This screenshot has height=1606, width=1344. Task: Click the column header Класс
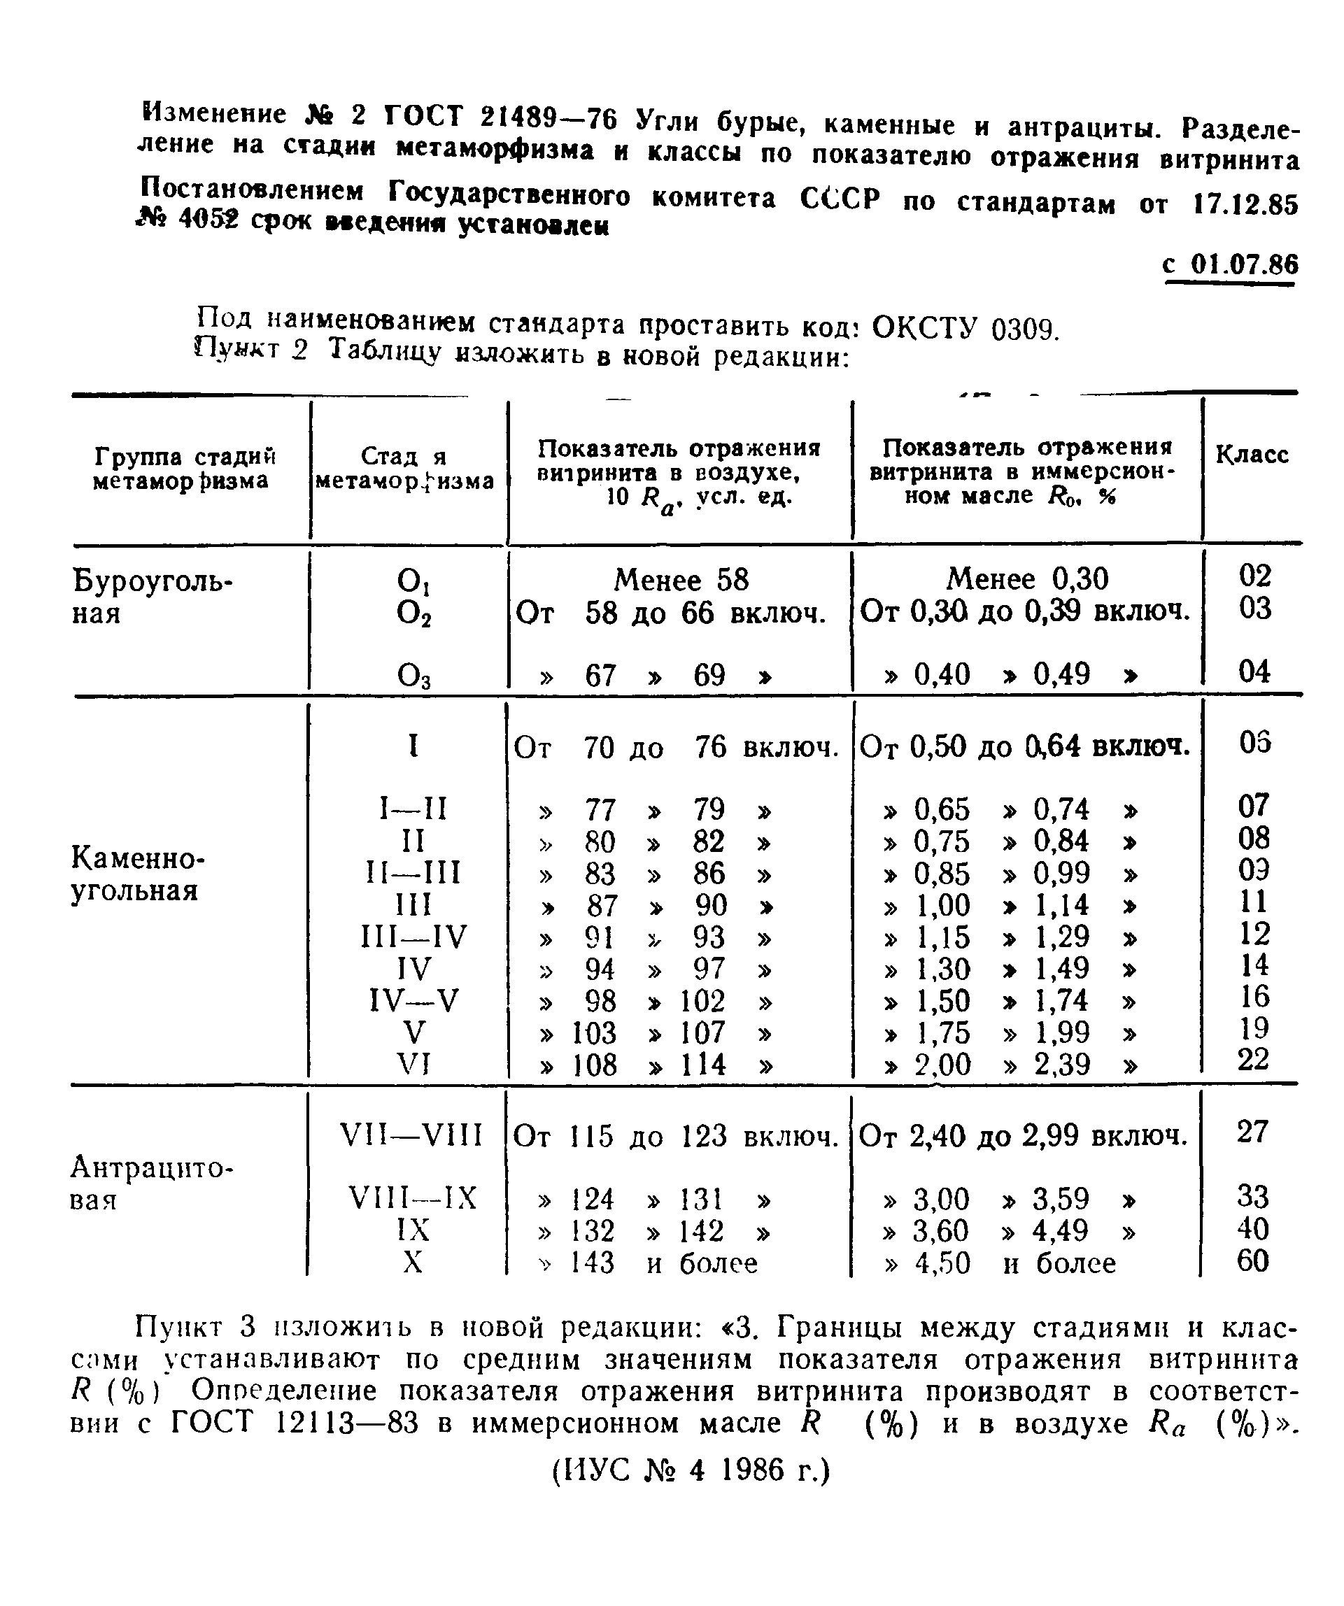1252,455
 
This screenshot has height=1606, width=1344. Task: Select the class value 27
1252,1132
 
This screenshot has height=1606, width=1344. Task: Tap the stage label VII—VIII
411,1136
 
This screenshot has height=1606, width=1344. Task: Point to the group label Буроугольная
151,597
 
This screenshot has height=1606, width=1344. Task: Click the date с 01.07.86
1230,264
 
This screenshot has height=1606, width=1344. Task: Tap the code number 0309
1024,330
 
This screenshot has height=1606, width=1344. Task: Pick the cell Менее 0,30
1026,579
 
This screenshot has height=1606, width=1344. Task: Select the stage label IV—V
413,1000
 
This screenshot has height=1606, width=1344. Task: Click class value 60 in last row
1252,1261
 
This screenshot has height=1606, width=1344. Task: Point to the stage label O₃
413,675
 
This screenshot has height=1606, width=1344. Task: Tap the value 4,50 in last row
942,1263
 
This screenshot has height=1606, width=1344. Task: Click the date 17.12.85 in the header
1245,204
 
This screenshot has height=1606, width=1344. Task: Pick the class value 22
1253,1059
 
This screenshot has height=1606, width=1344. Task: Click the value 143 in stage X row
592,1263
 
